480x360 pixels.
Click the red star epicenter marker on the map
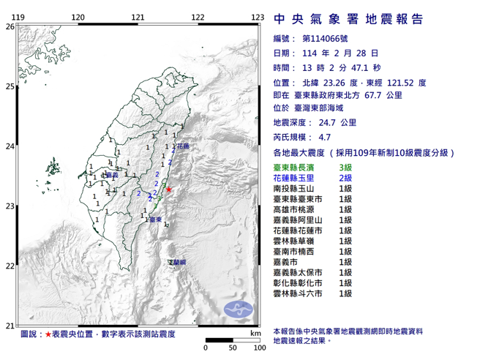[170, 190]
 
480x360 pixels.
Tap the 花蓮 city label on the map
[182, 146]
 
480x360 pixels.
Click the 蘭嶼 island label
[178, 261]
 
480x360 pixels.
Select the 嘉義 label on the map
[111, 175]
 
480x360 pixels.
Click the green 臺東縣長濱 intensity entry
[296, 168]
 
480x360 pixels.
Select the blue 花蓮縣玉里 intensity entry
[296, 179]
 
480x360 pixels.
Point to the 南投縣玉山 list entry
[296, 189]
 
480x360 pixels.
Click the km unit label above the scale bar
[255, 334]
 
